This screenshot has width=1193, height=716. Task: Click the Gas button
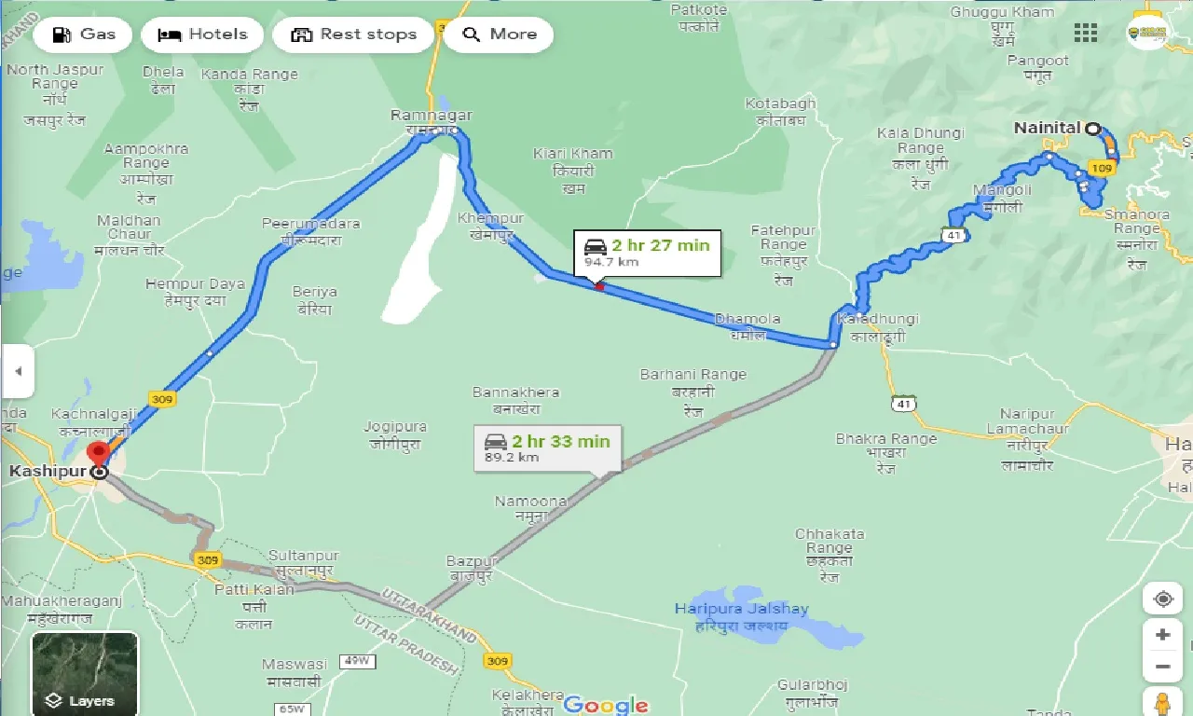84,34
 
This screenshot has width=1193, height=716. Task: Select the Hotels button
202,34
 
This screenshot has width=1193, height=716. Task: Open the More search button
499,34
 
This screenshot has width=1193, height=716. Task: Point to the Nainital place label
1047,128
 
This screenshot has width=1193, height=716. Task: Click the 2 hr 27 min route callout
647,253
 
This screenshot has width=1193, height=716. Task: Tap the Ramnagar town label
432,116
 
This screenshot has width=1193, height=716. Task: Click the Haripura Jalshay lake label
742,609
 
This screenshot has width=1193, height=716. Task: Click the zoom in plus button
1162,635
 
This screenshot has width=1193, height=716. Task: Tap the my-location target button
1162,599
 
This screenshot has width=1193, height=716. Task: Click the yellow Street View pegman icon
1162,702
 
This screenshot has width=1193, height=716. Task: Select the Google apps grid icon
1086,34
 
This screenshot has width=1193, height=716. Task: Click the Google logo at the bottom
606,704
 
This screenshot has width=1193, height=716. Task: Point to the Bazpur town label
473,561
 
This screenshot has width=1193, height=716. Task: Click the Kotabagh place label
780,103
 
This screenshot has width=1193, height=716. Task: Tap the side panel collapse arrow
17,370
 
